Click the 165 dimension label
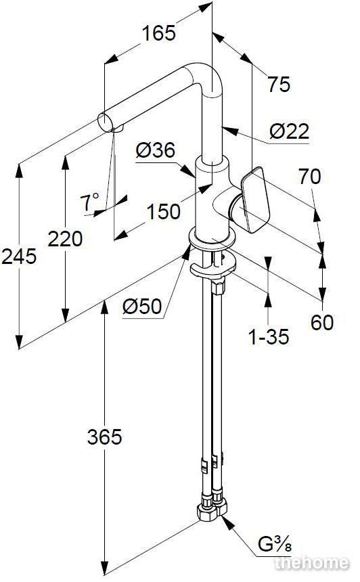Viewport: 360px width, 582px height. [159, 33]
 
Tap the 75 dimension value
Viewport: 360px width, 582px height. [279, 85]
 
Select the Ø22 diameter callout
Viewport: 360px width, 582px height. [289, 131]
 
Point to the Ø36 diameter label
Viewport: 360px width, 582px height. [155, 150]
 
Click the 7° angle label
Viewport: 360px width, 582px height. [90, 202]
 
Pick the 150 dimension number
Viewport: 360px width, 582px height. [163, 212]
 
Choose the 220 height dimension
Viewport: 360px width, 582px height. [65, 239]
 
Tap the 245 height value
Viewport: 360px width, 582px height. [19, 256]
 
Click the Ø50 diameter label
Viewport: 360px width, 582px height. [142, 307]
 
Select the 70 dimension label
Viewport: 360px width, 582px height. [309, 177]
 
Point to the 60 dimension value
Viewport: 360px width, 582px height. [322, 322]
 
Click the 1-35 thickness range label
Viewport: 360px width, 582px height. [269, 337]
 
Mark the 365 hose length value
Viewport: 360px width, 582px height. [105, 437]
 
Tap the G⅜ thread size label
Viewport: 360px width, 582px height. [275, 545]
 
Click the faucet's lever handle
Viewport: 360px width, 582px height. [255, 200]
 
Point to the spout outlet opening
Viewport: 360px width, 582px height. [104, 122]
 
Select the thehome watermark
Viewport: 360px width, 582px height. [312, 562]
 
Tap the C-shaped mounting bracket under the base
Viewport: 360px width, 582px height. [212, 265]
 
